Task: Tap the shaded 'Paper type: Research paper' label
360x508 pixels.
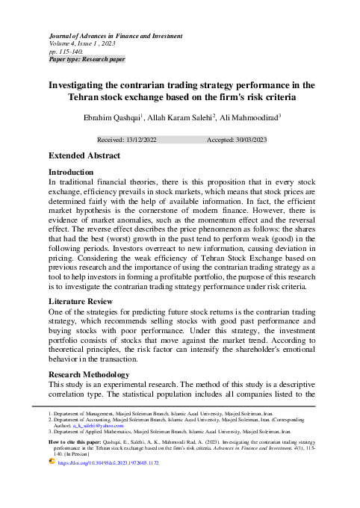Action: (86, 58)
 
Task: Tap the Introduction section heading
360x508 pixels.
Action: (70, 172)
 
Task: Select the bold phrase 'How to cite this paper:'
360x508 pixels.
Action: (78, 442)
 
